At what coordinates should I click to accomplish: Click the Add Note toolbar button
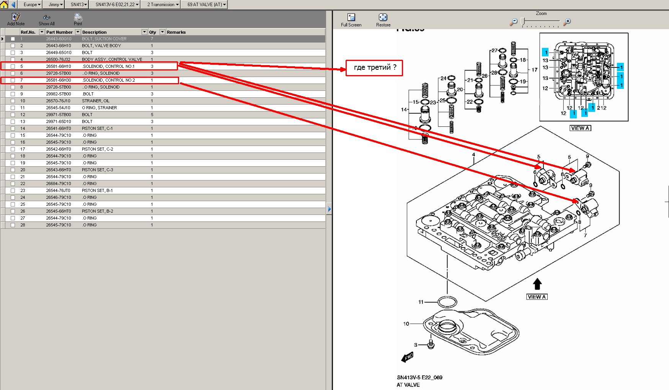coord(16,19)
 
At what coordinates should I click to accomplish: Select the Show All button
coord(46,19)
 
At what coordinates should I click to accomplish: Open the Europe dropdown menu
coord(32,5)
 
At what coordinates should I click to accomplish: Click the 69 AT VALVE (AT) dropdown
coord(206,5)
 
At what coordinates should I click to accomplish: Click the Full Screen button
coord(351,20)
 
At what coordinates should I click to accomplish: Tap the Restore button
coord(383,20)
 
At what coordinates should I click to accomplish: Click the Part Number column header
coord(59,32)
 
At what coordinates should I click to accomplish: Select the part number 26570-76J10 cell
coord(58,101)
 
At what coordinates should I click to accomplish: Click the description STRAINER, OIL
coord(96,101)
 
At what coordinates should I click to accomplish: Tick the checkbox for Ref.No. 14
coord(13,128)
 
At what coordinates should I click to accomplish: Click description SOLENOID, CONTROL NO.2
coord(109,80)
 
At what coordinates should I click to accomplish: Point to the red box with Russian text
coord(374,68)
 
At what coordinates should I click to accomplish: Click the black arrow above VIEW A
coord(537,284)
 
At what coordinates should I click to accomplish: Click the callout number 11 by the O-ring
coord(421,302)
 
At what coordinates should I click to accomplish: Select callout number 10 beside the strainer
coord(406,324)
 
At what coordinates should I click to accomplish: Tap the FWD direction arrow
coord(408,357)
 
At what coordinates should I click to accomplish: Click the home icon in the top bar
coord(4,5)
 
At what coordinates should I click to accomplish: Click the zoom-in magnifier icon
coord(567,22)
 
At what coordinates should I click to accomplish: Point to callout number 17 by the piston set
coord(535,70)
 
